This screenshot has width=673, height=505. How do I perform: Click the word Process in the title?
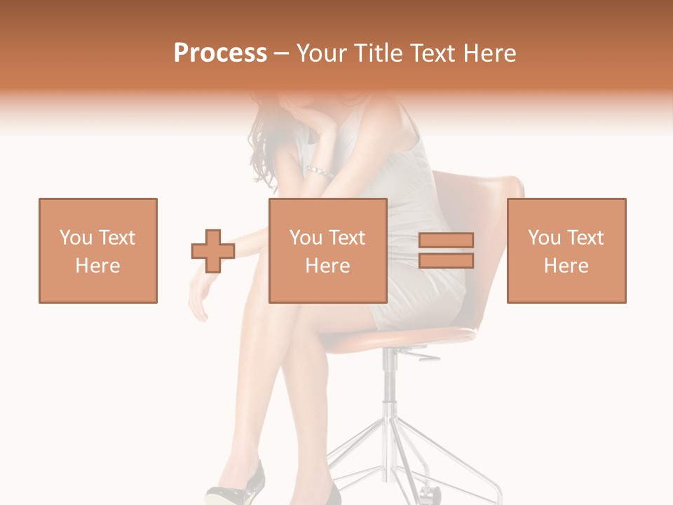click(220, 53)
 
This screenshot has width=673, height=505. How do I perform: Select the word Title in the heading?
click(379, 53)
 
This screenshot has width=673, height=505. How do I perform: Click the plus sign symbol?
click(213, 251)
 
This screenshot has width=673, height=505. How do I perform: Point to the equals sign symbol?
click(446, 250)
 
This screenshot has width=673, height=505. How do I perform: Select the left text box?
click(98, 250)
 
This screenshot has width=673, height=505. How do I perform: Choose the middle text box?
click(327, 250)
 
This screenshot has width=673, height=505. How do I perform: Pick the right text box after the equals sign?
click(566, 250)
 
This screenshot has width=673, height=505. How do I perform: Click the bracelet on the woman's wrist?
click(320, 172)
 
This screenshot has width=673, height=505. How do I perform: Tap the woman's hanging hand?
click(198, 298)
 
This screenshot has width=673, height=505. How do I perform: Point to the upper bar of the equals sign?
click(446, 240)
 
